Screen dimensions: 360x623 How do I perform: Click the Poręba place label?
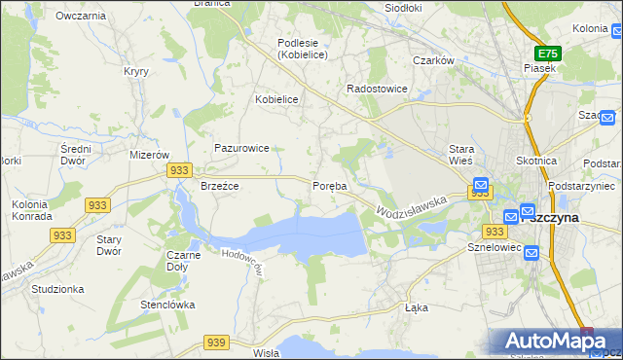(x=329, y=186)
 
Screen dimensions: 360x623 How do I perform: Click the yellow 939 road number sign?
(x=217, y=342)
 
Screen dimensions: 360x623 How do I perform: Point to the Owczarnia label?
(x=81, y=17)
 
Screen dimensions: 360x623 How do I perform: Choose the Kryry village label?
(x=135, y=71)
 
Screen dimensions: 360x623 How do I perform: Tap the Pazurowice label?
(x=241, y=148)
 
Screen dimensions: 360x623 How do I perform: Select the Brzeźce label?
(x=219, y=186)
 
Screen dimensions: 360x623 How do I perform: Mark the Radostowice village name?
(x=377, y=89)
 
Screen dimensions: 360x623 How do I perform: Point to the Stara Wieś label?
(x=460, y=155)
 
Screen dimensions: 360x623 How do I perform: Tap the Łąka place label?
(x=416, y=306)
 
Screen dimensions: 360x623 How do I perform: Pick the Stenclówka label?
(x=168, y=305)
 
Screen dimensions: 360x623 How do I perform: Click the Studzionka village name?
(x=57, y=289)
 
